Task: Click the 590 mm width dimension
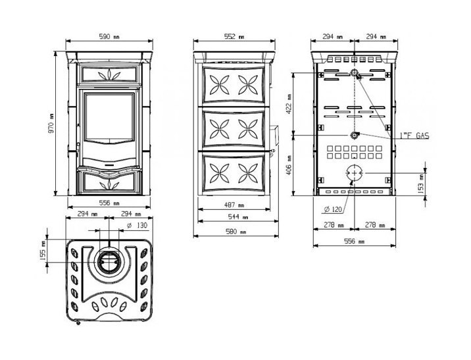pos(109,37)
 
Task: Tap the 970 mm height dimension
pos(51,124)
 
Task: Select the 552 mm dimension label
pos(234,37)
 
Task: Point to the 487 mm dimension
pos(234,205)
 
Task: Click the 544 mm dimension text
pos(238,217)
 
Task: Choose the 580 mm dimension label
pos(235,232)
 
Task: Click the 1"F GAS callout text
pos(414,136)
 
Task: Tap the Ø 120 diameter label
pos(333,209)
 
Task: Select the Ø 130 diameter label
pos(137,225)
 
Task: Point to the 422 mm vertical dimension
pos(289,104)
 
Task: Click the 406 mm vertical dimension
pos(289,165)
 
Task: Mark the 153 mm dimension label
pos(421,184)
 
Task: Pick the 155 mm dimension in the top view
pos(43,251)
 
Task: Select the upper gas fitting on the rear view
pos(355,72)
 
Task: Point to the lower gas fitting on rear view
pos(353,135)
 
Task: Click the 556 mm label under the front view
pos(109,203)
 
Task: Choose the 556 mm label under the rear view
pos(354,242)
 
